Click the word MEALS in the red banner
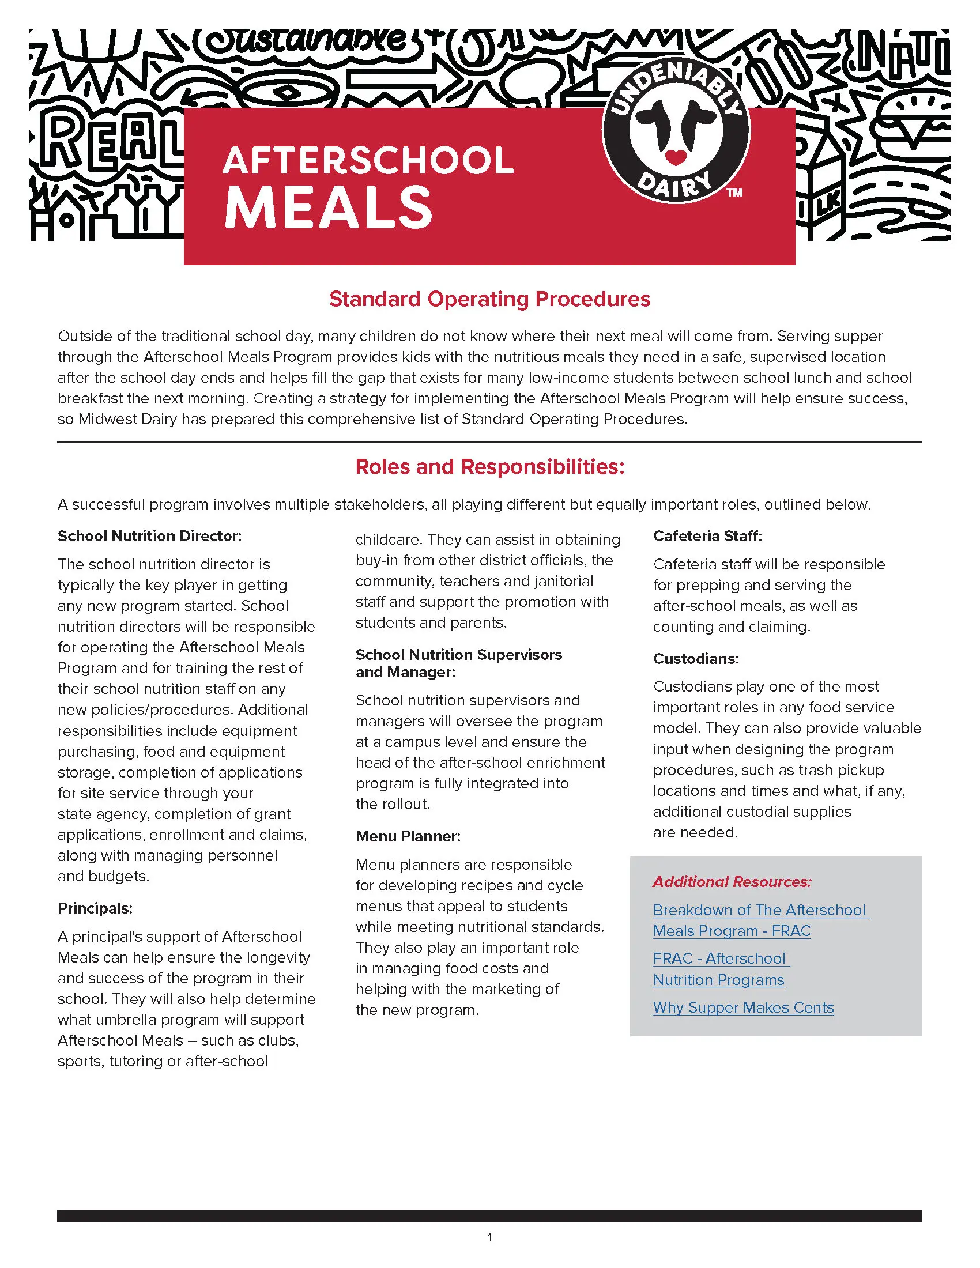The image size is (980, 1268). [329, 208]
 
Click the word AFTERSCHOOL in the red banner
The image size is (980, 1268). [368, 160]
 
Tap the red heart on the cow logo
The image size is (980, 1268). [675, 156]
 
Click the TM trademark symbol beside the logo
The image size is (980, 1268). [735, 193]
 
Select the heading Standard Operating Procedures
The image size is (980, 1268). [489, 299]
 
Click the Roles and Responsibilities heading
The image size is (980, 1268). [489, 467]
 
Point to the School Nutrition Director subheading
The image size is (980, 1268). [149, 536]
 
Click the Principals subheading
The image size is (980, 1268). [95, 908]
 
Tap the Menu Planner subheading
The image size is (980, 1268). [408, 837]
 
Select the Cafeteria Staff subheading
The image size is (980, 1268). [707, 536]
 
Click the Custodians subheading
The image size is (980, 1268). [696, 659]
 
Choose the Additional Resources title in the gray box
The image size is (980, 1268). [732, 882]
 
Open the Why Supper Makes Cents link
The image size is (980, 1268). [743, 1007]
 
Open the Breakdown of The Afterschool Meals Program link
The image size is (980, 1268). [760, 920]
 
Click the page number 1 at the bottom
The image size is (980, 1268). [490, 1238]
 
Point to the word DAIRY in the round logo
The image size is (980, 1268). [674, 186]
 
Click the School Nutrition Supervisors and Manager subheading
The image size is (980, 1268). [458, 663]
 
